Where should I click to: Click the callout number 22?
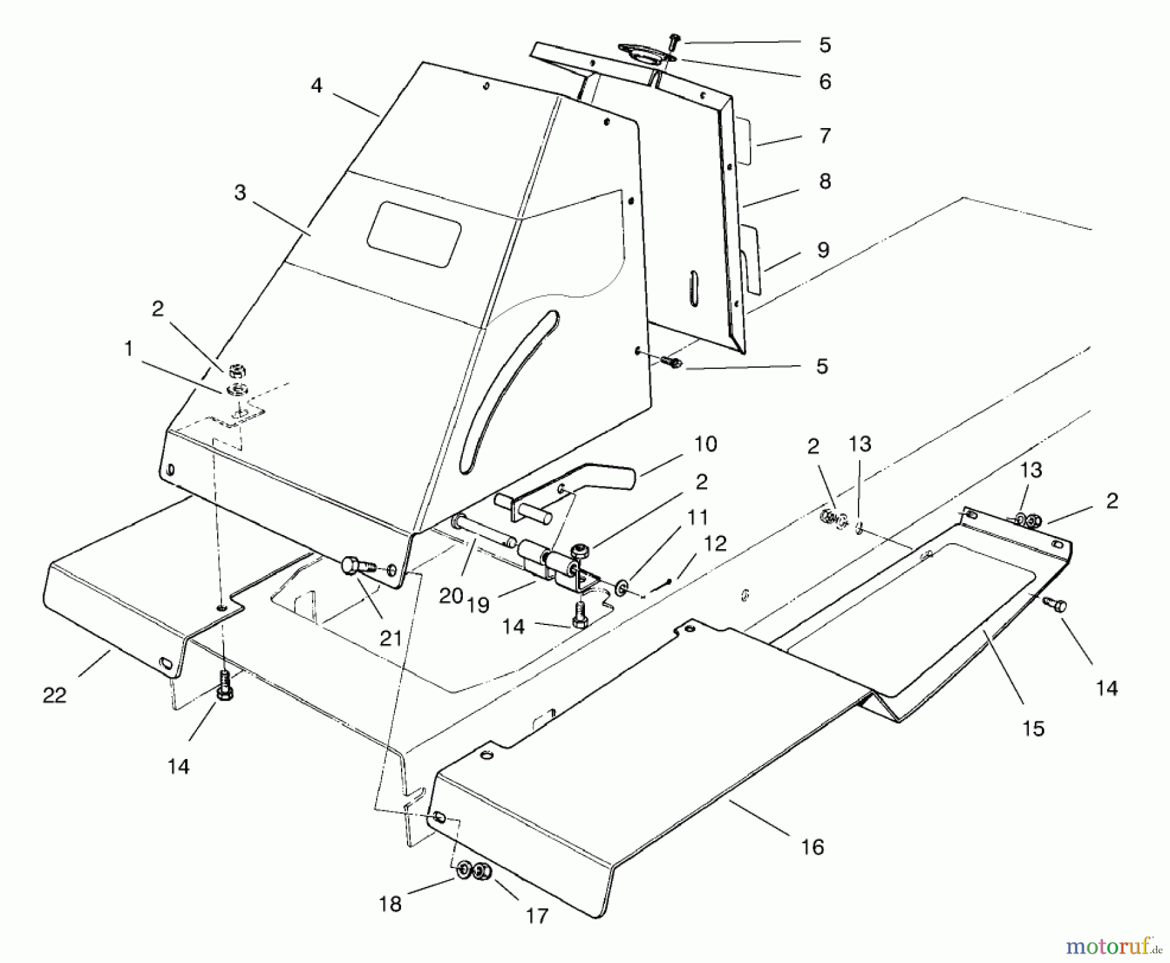point(54,695)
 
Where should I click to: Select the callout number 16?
point(812,847)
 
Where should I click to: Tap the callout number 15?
point(1033,728)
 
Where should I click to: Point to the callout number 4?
point(317,85)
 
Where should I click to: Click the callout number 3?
point(240,192)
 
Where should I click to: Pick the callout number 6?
point(824,82)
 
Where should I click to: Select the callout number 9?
point(823,250)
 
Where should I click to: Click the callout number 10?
point(705,444)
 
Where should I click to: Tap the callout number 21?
point(391,638)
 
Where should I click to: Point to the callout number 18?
point(390,904)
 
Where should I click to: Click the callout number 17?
point(537,916)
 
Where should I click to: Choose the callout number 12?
point(715,543)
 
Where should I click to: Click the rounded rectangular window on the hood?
point(414,234)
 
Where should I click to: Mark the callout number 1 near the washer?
point(128,349)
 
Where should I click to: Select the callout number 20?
point(450,595)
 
